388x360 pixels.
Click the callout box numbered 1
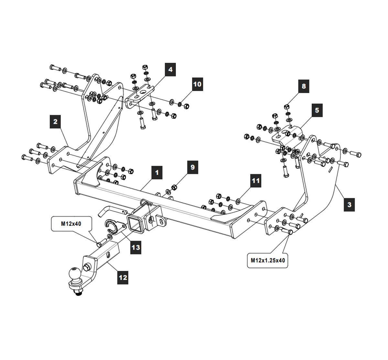pyautogui.click(x=157, y=172)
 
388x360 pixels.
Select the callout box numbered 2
pyautogui.click(x=55, y=122)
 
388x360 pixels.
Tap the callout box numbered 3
pyautogui.click(x=349, y=205)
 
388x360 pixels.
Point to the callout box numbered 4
pyautogui.click(x=170, y=70)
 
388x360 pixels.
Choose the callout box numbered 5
pyautogui.click(x=317, y=110)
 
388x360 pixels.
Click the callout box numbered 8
pyautogui.click(x=303, y=86)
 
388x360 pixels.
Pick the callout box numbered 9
pyautogui.click(x=193, y=167)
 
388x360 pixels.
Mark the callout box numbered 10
pyautogui.click(x=197, y=84)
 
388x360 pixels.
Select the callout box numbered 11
pyautogui.click(x=256, y=180)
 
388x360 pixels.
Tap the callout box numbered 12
pyautogui.click(x=123, y=277)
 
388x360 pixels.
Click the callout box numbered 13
pyautogui.click(x=136, y=247)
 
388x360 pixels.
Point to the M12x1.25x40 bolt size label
pyautogui.click(x=268, y=260)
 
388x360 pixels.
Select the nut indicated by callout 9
pyautogui.click(x=173, y=187)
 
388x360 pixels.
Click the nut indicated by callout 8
pyautogui.click(x=286, y=107)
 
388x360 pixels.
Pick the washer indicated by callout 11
pyautogui.click(x=238, y=201)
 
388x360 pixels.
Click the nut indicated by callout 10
pyautogui.click(x=186, y=106)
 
